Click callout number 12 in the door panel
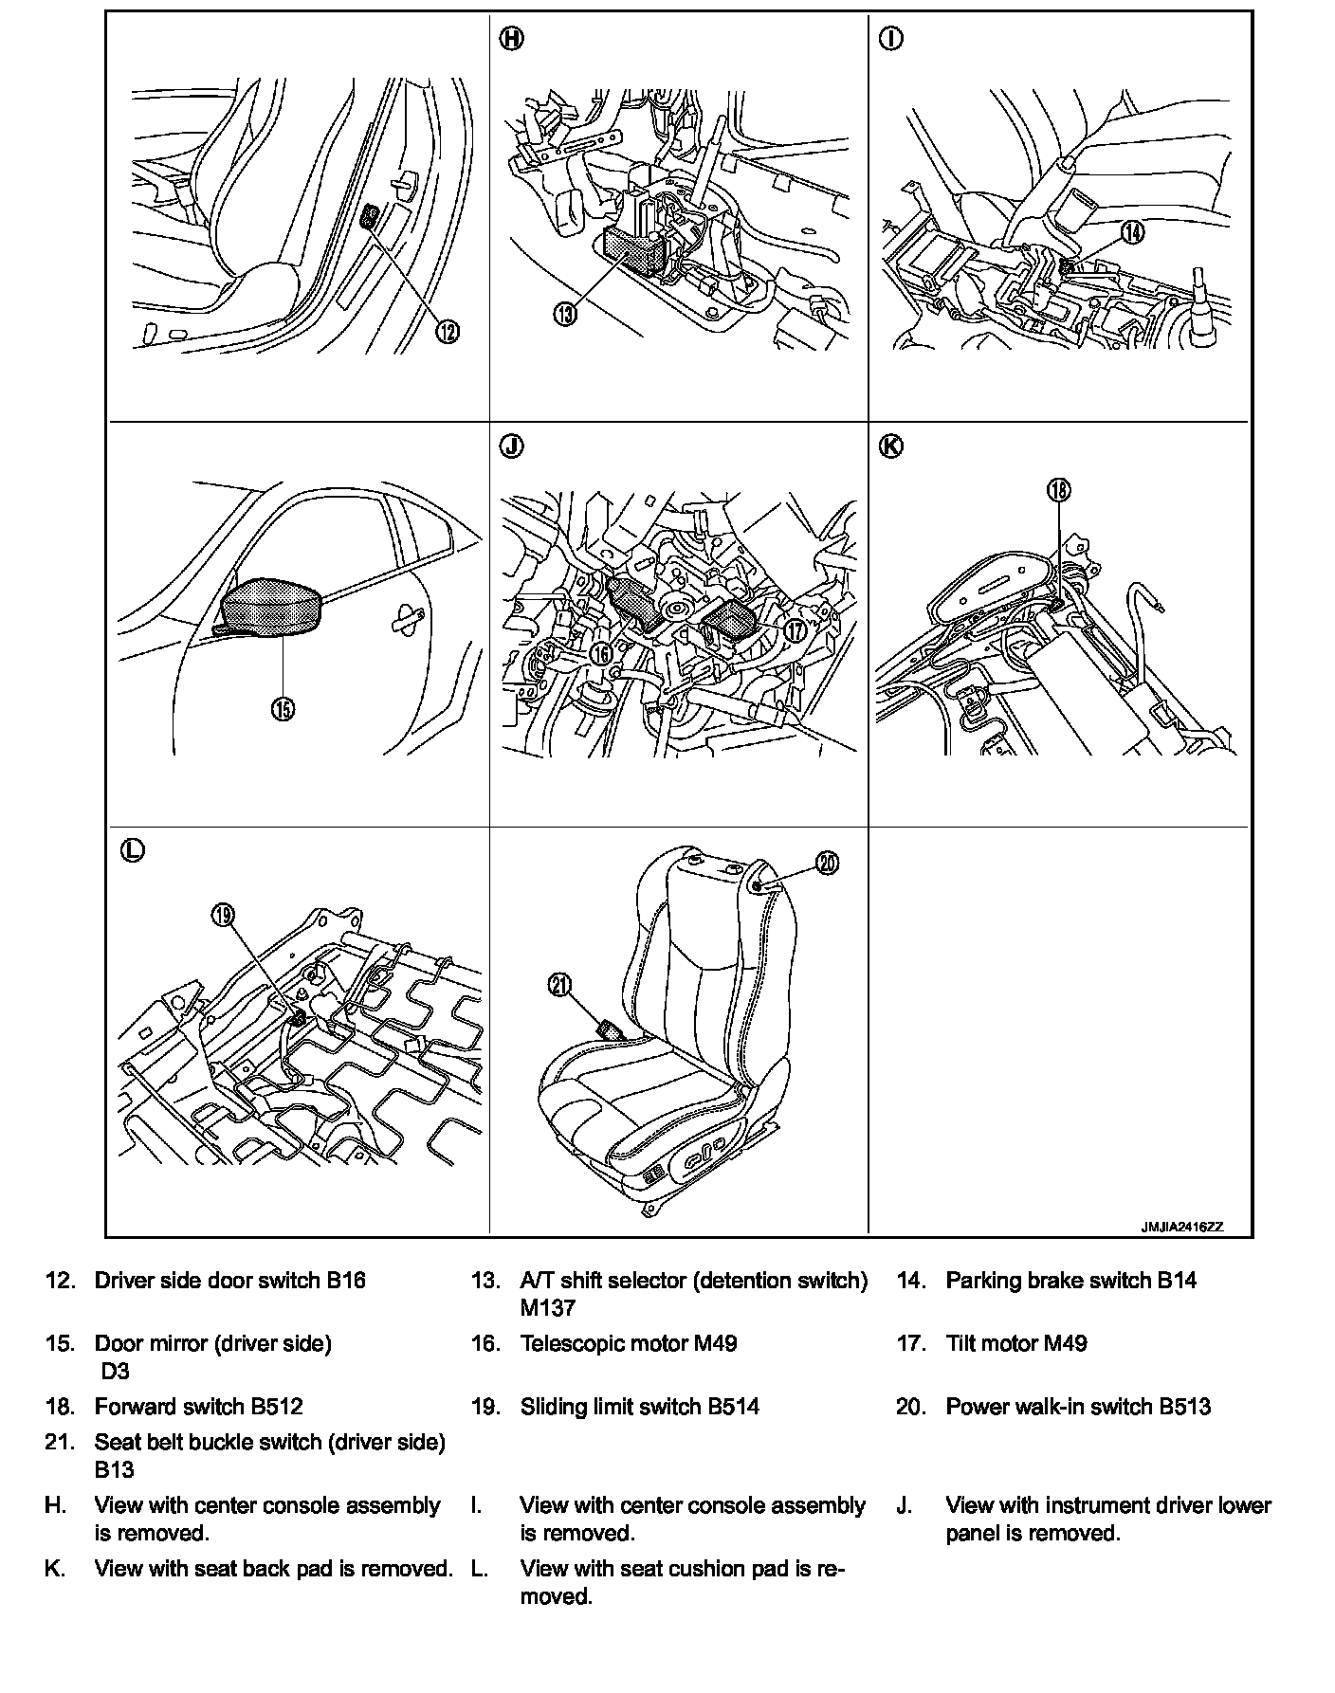point(448,331)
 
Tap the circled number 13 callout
point(565,315)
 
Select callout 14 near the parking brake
point(1132,231)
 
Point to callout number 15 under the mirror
point(283,707)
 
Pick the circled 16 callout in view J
point(599,653)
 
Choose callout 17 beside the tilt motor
point(795,628)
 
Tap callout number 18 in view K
point(1058,489)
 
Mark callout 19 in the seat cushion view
point(223,915)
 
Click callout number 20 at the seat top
point(828,864)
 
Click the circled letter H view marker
point(510,39)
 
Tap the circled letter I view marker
point(892,39)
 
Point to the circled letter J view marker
point(510,446)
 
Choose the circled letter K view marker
point(892,446)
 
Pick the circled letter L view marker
point(132,849)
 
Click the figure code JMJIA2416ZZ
point(1181,1227)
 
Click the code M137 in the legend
point(547,1308)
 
